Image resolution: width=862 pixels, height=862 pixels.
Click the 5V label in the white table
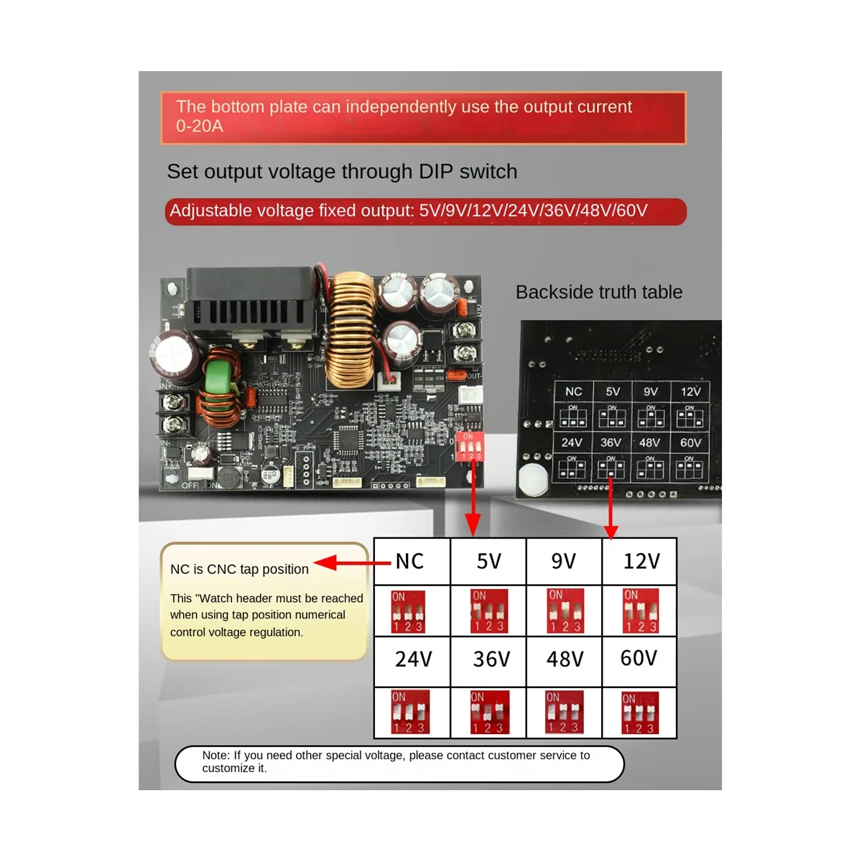(x=488, y=561)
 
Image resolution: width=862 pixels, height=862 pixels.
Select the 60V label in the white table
(x=639, y=658)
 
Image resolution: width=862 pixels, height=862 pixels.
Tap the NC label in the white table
(x=409, y=561)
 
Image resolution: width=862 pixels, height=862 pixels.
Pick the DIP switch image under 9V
(x=565, y=611)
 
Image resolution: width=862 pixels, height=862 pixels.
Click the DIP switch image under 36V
(x=490, y=712)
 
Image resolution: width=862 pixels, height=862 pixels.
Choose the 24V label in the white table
(x=413, y=659)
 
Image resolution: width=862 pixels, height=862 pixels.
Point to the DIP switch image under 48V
(x=565, y=712)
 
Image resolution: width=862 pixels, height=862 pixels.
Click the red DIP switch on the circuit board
(x=468, y=446)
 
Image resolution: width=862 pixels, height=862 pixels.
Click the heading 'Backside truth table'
(x=598, y=292)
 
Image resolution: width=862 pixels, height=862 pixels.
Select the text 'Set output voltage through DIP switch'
(x=342, y=172)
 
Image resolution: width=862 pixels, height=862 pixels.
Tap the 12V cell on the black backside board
(x=690, y=391)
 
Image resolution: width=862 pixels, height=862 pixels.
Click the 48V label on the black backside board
(x=650, y=442)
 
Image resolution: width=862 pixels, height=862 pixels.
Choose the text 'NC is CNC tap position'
(x=239, y=569)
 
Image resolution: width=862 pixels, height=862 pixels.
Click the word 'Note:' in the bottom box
(x=216, y=755)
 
